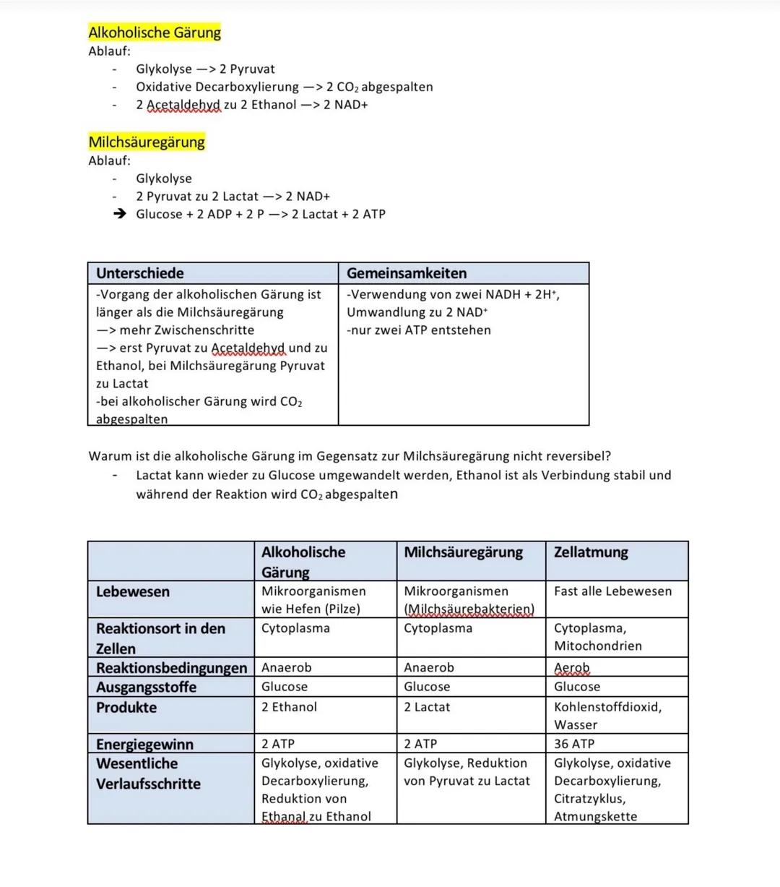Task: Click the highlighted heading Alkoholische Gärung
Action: pos(155,33)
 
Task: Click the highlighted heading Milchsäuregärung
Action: pos(147,142)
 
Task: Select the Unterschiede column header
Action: pos(140,273)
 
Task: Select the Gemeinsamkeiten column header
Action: pos(407,273)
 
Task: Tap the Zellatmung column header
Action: pos(591,552)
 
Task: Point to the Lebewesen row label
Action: pos(133,591)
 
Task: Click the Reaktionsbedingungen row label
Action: pos(171,668)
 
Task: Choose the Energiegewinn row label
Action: pos(144,744)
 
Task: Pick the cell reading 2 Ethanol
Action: pos(289,707)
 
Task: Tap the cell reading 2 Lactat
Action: pos(427,707)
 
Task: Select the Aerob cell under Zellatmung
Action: pos(572,668)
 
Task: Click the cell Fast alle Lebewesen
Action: pos(612,591)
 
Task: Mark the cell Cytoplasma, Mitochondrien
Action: pos(597,637)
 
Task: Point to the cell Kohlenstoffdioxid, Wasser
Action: pos(607,716)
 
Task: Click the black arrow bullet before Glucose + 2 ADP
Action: pos(120,214)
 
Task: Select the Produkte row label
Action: pos(126,707)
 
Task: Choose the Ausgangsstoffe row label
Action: pos(146,687)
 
